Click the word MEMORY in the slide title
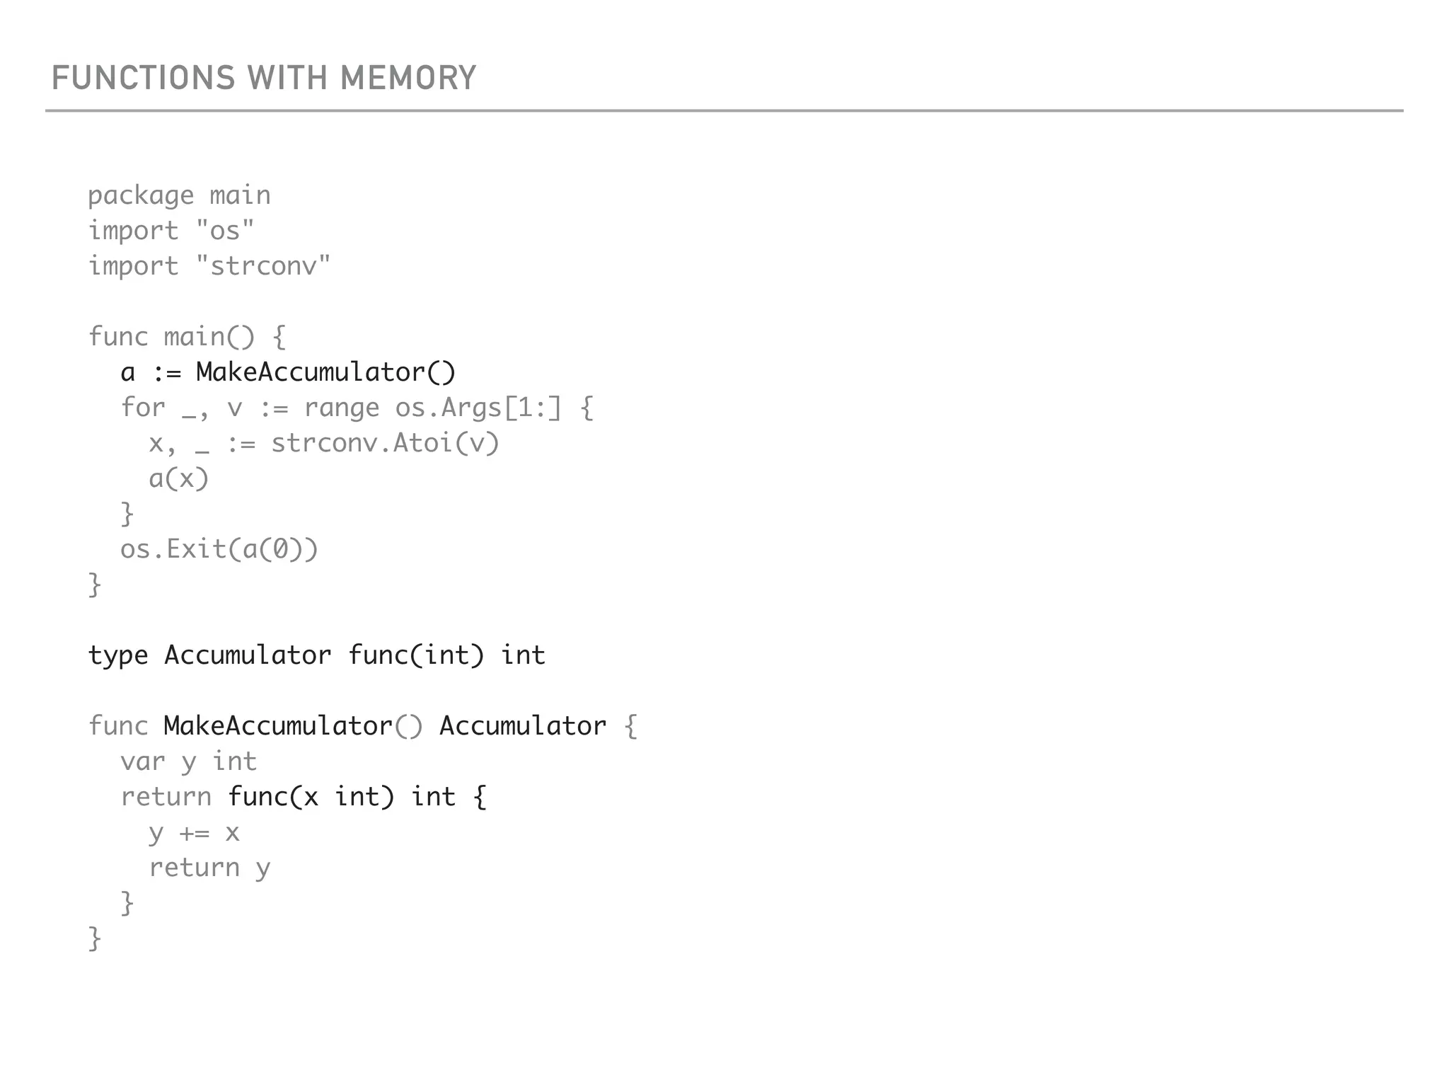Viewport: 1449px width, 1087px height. pos(408,78)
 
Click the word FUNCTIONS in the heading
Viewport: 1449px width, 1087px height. pos(143,78)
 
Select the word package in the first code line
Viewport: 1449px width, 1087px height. pos(141,196)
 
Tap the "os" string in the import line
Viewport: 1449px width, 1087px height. pos(224,231)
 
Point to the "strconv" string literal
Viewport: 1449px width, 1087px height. pos(262,266)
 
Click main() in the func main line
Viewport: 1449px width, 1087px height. pos(209,337)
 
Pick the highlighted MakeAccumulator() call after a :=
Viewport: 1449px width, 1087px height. pos(325,372)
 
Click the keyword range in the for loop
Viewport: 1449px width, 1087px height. pos(341,408)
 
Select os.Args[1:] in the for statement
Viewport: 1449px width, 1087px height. pos(478,408)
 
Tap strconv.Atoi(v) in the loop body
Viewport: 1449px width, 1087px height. pos(386,443)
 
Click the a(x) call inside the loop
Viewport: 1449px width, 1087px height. pos(179,478)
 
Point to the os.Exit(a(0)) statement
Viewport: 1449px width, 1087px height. pos(219,549)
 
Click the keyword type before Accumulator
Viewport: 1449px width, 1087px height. pos(117,656)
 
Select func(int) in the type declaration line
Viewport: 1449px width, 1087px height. pos(416,655)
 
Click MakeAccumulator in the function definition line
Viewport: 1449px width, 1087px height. pos(278,726)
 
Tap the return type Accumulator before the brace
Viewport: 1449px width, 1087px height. pos(523,726)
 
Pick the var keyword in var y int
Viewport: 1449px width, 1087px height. pos(142,762)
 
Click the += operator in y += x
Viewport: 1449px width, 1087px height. pos(195,833)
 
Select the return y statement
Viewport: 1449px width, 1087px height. pos(209,868)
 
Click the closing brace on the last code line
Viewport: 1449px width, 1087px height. pos(95,938)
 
